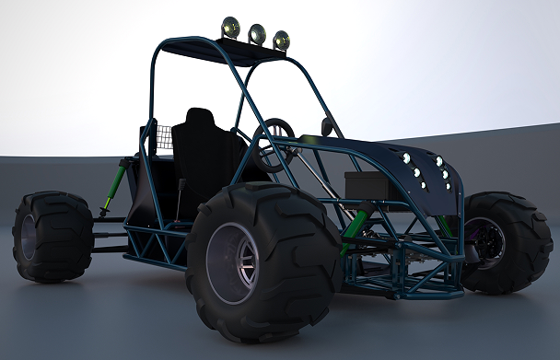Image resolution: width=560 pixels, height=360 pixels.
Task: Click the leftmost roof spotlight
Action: pyautogui.click(x=231, y=28)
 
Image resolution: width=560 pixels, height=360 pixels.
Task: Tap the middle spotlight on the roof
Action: pyautogui.click(x=257, y=34)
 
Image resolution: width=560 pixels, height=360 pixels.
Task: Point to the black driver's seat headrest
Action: pyautogui.click(x=200, y=122)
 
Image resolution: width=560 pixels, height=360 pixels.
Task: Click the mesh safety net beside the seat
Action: pyautogui.click(x=162, y=138)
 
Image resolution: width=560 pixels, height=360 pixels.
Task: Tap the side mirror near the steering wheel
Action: pyautogui.click(x=327, y=128)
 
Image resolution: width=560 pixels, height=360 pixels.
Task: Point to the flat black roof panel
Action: pyautogui.click(x=220, y=49)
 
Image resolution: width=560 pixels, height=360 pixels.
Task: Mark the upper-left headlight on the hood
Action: pyautogui.click(x=405, y=158)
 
